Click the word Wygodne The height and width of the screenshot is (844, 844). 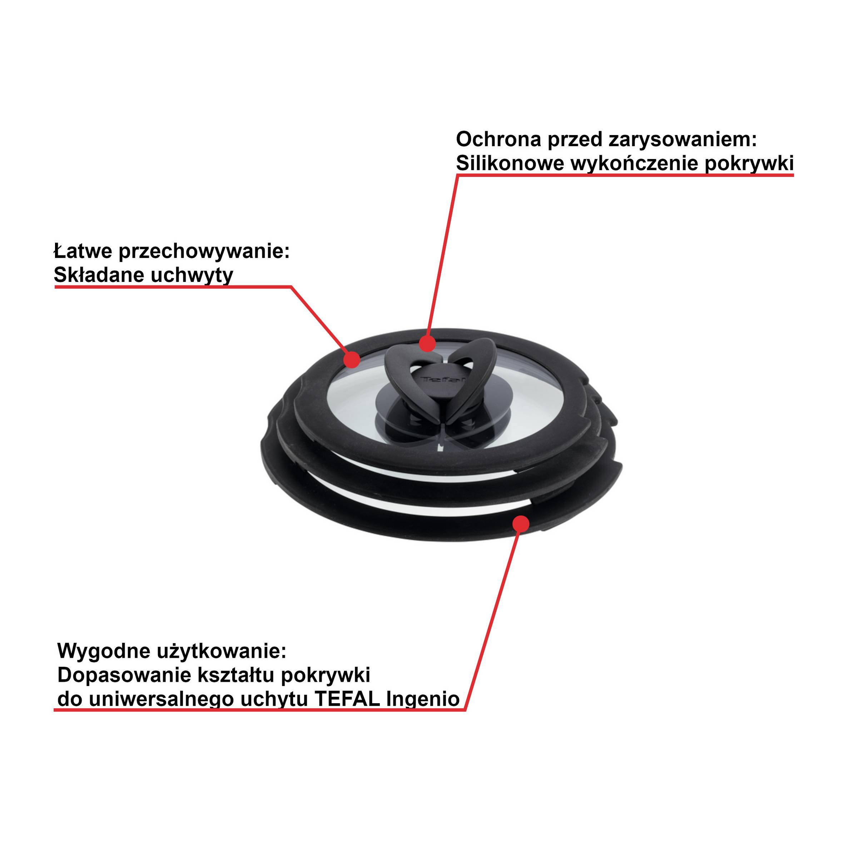click(104, 651)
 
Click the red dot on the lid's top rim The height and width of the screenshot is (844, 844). click(427, 343)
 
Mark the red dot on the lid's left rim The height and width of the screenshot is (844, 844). click(352, 359)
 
